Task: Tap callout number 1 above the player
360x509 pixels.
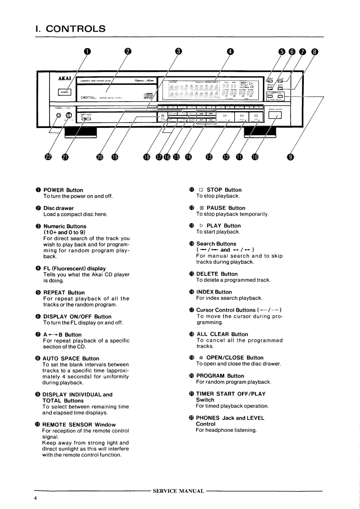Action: point(86,51)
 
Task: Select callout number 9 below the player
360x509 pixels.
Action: point(291,157)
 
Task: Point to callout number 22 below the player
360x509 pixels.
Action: point(49,157)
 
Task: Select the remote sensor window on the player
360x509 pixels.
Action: point(275,117)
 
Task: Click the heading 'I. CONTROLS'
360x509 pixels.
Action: point(70,29)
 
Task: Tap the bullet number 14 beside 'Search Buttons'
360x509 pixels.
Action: point(192,244)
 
